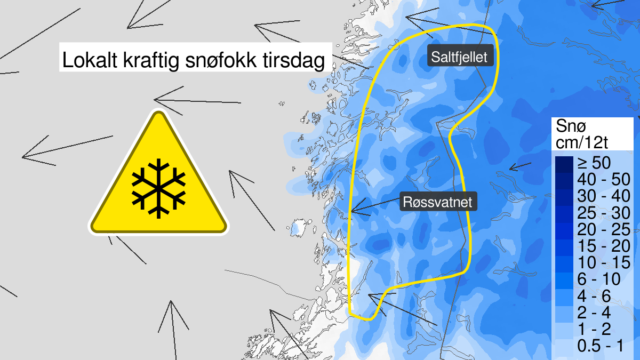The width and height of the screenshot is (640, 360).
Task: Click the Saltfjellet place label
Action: coord(460,57)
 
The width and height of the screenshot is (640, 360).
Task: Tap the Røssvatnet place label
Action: coord(437,203)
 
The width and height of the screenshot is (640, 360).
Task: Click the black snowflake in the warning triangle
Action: coord(158,187)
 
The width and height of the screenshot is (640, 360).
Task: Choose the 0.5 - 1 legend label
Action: coord(601,346)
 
